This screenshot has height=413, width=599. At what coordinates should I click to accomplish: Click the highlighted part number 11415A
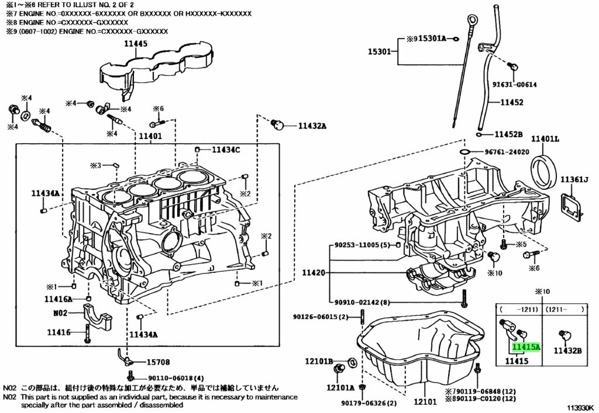click(x=526, y=347)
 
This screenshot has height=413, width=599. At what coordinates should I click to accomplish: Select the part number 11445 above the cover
click(x=135, y=44)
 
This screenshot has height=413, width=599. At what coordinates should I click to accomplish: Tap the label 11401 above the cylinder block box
click(x=150, y=136)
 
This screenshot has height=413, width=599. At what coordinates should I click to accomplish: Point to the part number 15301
click(x=379, y=51)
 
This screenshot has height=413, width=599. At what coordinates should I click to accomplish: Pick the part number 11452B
click(x=508, y=134)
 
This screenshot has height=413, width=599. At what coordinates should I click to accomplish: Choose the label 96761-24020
click(x=507, y=152)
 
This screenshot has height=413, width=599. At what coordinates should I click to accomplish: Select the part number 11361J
click(x=574, y=179)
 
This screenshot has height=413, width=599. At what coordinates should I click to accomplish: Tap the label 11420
click(x=314, y=273)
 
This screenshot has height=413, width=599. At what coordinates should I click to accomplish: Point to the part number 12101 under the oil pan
click(x=425, y=401)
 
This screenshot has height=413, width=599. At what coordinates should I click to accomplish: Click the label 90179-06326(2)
click(x=369, y=403)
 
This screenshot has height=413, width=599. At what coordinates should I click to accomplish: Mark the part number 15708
click(x=158, y=362)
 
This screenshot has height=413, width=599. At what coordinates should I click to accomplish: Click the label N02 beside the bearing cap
click(x=60, y=313)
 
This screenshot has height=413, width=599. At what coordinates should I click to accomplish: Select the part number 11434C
click(x=226, y=150)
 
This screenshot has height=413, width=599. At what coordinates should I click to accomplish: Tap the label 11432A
click(x=312, y=126)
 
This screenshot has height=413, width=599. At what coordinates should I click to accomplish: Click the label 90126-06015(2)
click(x=321, y=317)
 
